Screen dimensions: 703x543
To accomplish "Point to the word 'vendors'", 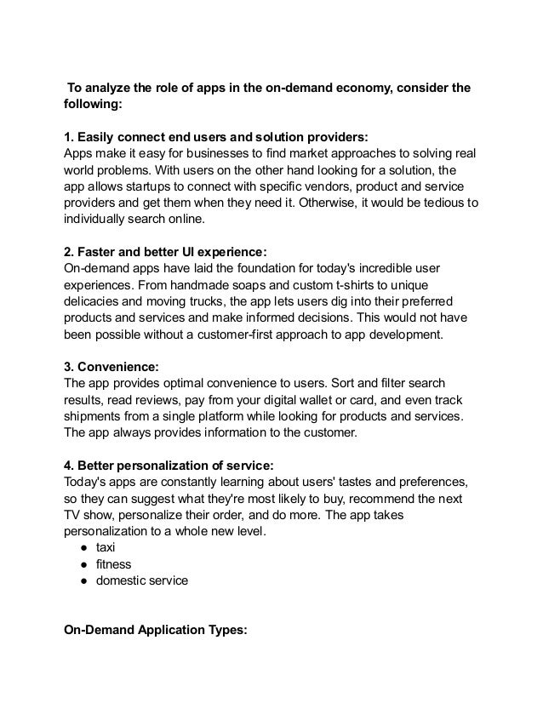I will (x=343, y=186).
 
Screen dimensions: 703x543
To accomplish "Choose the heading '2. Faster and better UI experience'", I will (x=166, y=251).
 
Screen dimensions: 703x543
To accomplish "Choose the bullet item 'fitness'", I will (x=114, y=564).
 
